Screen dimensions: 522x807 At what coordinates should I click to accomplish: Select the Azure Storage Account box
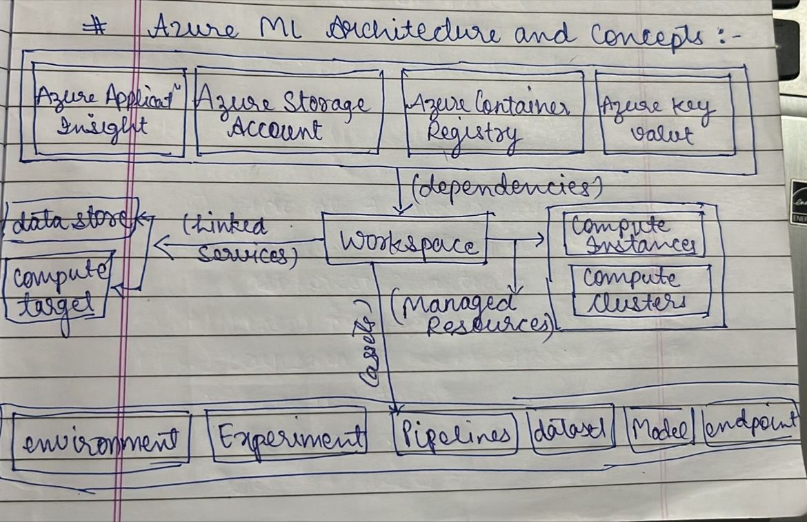point(289,112)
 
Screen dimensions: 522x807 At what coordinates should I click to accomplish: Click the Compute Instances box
point(634,234)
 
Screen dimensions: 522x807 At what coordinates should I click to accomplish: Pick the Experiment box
point(288,436)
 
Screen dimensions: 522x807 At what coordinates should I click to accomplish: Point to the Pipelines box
point(455,434)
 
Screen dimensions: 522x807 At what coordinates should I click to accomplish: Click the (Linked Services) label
point(238,241)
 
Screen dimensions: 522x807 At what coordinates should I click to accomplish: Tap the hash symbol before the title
point(94,28)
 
